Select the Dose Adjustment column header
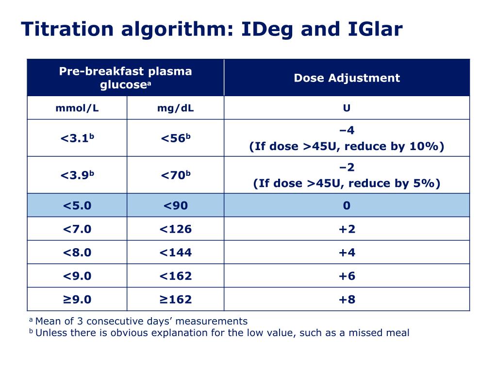(x=347, y=78)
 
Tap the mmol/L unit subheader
(x=77, y=108)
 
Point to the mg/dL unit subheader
(x=175, y=108)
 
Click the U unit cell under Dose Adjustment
(x=347, y=108)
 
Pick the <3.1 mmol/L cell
(x=77, y=138)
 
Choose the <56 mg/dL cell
(x=175, y=138)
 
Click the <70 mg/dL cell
(x=175, y=175)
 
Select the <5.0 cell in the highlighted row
(x=77, y=205)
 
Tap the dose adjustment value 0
(x=347, y=205)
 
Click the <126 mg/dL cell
(x=175, y=229)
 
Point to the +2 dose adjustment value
(x=347, y=229)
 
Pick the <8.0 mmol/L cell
(x=77, y=252)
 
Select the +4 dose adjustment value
(x=347, y=252)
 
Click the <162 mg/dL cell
(x=175, y=276)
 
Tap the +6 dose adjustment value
(x=347, y=276)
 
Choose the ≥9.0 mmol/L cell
(x=77, y=299)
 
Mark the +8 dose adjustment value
(x=347, y=299)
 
